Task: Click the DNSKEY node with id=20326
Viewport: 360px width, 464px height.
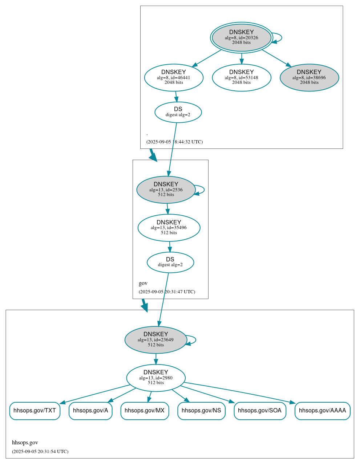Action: pos(241,37)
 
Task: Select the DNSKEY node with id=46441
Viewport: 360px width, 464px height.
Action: pos(174,77)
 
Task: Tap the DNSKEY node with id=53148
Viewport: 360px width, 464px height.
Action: pos(241,77)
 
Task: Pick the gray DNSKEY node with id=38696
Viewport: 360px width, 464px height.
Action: pos(309,77)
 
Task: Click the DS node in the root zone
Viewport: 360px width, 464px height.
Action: pos(178,112)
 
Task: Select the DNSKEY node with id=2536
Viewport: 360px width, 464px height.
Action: pos(166,190)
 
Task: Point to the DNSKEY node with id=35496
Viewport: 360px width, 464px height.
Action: pos(169,228)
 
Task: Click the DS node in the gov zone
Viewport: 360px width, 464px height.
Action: pos(170,262)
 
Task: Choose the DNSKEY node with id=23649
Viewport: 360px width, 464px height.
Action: pos(156,340)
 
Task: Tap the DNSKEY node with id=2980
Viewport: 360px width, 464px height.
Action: pos(156,378)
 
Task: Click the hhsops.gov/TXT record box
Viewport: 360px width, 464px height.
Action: pos(35,411)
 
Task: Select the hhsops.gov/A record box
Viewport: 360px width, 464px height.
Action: pos(90,411)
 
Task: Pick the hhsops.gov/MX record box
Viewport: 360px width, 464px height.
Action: pos(145,411)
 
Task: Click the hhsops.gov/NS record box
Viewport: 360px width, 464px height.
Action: pos(201,411)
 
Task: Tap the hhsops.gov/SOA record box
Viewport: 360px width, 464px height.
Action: pos(260,411)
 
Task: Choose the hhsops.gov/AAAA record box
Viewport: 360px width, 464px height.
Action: pos(322,411)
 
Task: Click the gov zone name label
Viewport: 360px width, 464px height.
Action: pos(143,283)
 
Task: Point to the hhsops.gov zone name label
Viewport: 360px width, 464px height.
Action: pos(25,443)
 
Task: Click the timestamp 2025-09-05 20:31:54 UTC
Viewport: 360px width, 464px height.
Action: pos(40,452)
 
